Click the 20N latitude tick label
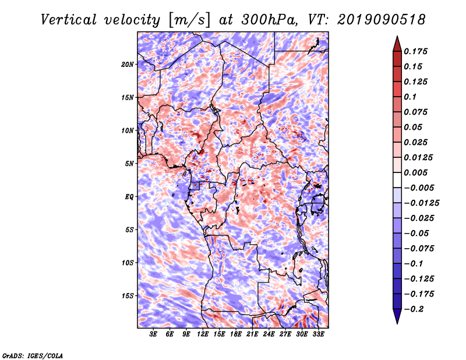click(x=128, y=64)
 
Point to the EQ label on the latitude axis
click(x=129, y=197)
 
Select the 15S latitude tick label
click(x=128, y=296)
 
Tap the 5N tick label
click(x=129, y=164)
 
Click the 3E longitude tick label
click(x=154, y=334)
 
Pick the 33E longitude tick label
click(x=318, y=334)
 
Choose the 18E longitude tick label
click(x=236, y=334)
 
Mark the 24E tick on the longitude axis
click(x=269, y=334)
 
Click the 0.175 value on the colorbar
click(x=416, y=51)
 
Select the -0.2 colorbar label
click(x=414, y=309)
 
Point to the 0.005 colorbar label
click(x=416, y=173)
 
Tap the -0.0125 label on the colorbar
click(x=422, y=203)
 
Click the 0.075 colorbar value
click(x=416, y=112)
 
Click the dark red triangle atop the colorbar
click(x=396, y=43)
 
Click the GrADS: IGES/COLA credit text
click(x=33, y=355)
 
